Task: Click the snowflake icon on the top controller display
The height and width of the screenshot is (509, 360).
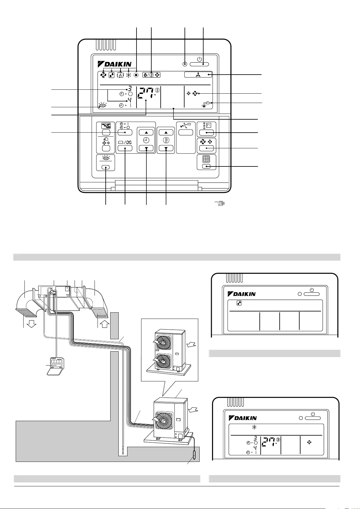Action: click(x=129, y=75)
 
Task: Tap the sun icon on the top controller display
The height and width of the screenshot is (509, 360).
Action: click(x=136, y=75)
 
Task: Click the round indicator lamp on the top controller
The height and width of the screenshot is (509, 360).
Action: click(x=185, y=64)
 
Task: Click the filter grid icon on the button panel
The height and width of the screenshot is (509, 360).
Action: click(x=206, y=159)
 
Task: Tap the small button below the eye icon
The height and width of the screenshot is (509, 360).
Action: click(x=106, y=167)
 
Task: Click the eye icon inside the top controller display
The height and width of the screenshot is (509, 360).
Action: click(x=102, y=105)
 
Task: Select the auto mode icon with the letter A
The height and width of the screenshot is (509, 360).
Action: click(x=121, y=75)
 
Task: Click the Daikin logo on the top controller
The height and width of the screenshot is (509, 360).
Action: click(x=114, y=64)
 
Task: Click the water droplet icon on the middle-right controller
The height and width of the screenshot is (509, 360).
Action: click(x=239, y=303)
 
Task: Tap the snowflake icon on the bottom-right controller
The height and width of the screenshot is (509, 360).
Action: click(x=254, y=427)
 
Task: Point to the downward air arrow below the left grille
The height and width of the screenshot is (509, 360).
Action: click(x=32, y=324)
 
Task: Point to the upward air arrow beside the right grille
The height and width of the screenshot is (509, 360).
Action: click(x=105, y=324)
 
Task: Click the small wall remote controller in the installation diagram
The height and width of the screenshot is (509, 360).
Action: click(x=56, y=366)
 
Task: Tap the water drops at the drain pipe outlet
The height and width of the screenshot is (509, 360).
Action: click(x=123, y=451)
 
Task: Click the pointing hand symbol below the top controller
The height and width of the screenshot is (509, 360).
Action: click(x=220, y=203)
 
